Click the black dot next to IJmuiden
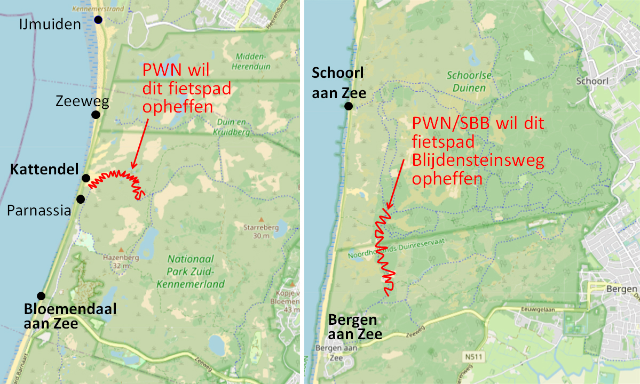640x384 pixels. pos(98,20)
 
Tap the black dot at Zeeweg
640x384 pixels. pos(96,115)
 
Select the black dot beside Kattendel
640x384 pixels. pos(85,178)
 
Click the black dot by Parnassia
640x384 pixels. pos(81,199)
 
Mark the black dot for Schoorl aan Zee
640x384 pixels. pos(349,106)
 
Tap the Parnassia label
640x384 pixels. pos(38,211)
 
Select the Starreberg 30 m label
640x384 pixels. pos(260,232)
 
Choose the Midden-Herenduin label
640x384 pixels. pos(251,61)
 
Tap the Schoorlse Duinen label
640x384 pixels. pos(467,83)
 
